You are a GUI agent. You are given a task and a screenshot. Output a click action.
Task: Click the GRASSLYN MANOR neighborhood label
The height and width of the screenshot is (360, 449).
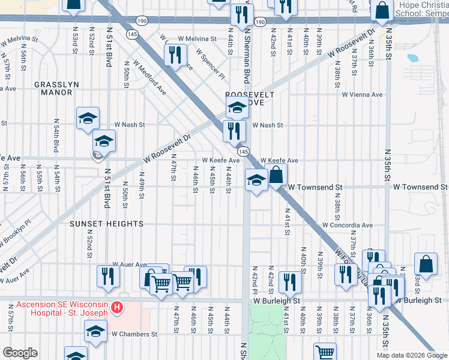click(56, 88)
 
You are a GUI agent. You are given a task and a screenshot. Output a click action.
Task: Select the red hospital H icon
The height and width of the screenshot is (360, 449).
click(118, 308)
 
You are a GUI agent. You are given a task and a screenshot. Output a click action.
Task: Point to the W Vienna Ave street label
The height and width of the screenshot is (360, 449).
click(362, 95)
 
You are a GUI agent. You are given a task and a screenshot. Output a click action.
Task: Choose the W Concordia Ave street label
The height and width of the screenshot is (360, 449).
click(348, 226)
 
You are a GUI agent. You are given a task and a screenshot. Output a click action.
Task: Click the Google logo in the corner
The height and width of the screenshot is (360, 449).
click(19, 353)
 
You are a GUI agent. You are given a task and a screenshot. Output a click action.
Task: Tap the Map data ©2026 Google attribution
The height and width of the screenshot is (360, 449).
click(412, 355)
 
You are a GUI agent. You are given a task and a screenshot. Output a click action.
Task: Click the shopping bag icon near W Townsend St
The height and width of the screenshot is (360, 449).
click(276, 175)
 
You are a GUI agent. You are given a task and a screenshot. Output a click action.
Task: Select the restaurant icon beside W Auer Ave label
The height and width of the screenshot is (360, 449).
click(108, 275)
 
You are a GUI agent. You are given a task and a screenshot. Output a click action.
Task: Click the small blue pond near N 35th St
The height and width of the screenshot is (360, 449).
click(412, 59)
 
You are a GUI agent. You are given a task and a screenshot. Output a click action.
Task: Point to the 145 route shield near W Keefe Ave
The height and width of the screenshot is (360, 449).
click(243, 153)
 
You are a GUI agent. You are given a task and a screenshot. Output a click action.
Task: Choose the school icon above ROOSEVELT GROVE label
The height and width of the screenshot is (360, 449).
click(237, 108)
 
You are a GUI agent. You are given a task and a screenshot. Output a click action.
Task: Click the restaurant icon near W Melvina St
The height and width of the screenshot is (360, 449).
click(175, 56)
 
